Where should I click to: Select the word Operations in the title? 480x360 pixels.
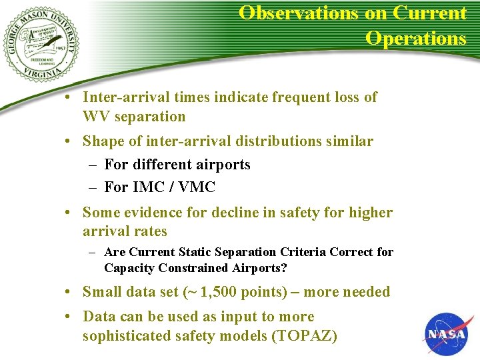(415, 38)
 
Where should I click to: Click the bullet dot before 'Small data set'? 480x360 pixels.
(69, 292)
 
